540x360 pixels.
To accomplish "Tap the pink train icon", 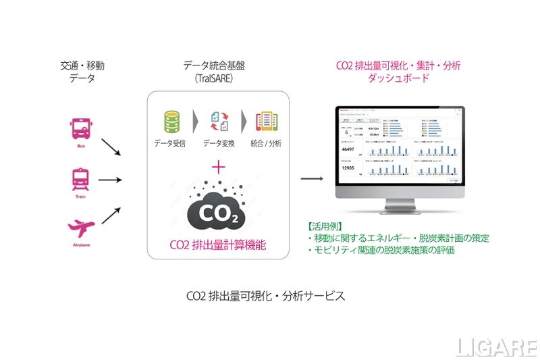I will (80, 178).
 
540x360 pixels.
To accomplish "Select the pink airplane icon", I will (80, 228).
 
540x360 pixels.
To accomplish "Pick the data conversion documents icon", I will (219, 122).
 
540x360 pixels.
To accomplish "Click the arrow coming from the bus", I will (111, 148).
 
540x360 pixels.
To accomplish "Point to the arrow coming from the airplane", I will (111, 215).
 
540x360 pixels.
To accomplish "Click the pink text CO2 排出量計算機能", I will (217, 244).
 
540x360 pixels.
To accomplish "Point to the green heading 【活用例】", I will (326, 226).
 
